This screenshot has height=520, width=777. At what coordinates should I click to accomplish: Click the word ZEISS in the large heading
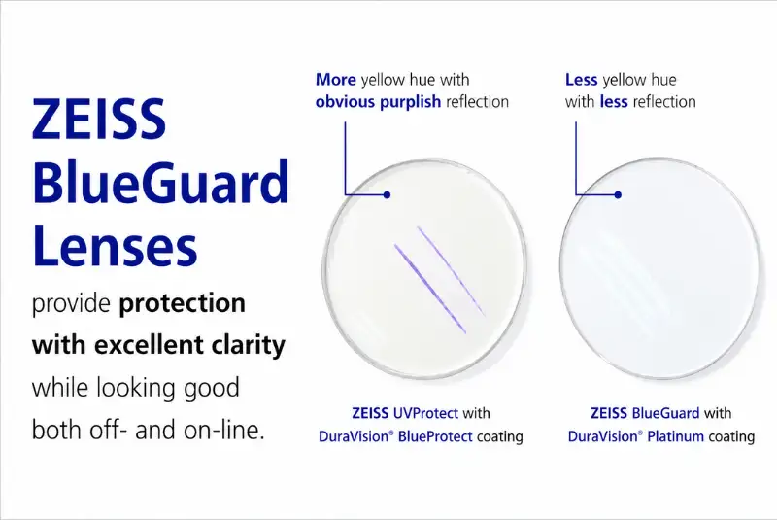(x=99, y=118)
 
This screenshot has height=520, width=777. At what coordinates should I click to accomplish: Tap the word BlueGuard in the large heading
(x=161, y=182)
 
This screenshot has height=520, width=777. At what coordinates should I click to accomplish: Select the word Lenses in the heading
(x=115, y=245)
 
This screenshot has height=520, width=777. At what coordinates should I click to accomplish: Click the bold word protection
(x=183, y=303)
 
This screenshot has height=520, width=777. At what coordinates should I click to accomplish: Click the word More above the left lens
(x=336, y=80)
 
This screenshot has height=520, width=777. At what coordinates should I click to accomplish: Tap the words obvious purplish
(x=378, y=102)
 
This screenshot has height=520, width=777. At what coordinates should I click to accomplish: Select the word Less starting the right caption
(x=581, y=80)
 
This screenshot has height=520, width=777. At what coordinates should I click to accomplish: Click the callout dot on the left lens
(x=387, y=194)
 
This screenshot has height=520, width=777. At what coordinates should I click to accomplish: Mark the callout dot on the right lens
(x=618, y=194)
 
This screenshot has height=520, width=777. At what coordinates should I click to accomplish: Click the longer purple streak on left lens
(x=430, y=289)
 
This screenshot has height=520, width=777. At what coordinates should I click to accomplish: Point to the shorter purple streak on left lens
(x=451, y=271)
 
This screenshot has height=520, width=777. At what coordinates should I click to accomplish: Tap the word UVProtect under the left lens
(x=425, y=413)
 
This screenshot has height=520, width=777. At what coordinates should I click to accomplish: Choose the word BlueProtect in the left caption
(x=435, y=436)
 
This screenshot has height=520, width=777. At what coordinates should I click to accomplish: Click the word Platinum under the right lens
(x=675, y=436)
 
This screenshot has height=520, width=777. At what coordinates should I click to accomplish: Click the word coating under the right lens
(x=731, y=437)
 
